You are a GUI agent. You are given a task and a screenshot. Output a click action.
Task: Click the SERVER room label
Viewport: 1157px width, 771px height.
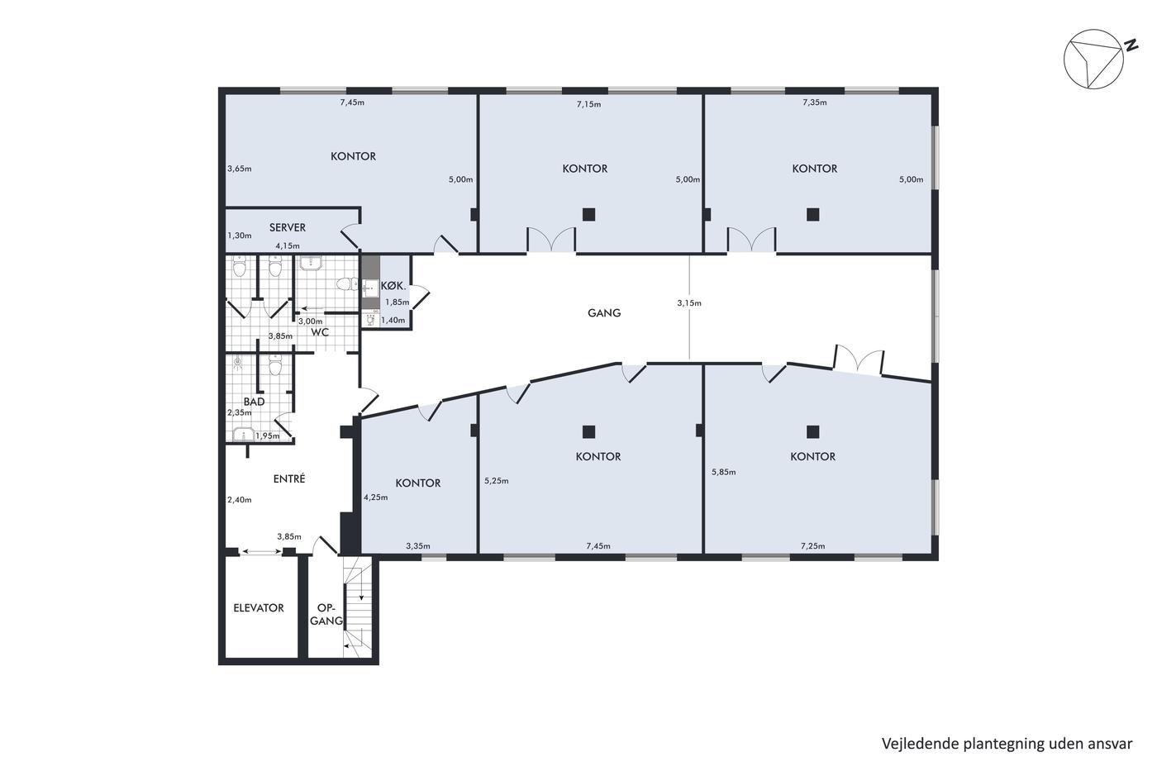pyautogui.click(x=288, y=227)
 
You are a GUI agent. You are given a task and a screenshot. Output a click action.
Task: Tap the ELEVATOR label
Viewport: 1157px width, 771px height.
pyautogui.click(x=258, y=608)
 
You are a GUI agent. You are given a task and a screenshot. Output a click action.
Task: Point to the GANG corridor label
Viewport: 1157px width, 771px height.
pyautogui.click(x=604, y=312)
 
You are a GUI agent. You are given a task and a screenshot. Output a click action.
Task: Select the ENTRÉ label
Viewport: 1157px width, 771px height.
pyautogui.click(x=289, y=478)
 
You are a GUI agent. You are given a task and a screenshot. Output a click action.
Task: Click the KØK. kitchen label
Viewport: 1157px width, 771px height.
pyautogui.click(x=393, y=286)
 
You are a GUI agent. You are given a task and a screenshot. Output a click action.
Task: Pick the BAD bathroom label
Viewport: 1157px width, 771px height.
pyautogui.click(x=255, y=402)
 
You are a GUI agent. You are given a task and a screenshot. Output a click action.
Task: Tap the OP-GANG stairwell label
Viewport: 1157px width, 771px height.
pyautogui.click(x=326, y=615)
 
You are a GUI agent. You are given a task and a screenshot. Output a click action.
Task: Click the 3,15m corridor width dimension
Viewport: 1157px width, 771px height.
pyautogui.click(x=689, y=303)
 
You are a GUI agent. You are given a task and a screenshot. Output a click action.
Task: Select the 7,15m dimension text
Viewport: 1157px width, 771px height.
pyautogui.click(x=588, y=104)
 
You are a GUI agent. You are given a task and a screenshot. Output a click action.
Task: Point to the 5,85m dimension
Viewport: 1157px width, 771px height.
pyautogui.click(x=724, y=472)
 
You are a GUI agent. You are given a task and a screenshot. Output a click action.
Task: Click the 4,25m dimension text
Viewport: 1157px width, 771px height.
pyautogui.click(x=375, y=497)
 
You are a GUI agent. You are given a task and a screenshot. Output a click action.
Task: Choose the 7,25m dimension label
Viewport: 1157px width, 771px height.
pyautogui.click(x=813, y=546)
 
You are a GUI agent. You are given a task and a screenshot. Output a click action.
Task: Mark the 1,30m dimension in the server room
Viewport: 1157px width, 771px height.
pyautogui.click(x=240, y=236)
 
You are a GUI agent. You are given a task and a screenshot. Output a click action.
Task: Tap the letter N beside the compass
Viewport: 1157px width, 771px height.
pyautogui.click(x=1127, y=45)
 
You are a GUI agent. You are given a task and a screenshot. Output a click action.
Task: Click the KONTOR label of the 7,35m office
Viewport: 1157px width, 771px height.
pyautogui.click(x=815, y=169)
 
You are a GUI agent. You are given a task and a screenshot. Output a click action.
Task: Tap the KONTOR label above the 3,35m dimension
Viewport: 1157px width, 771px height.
pyautogui.click(x=418, y=483)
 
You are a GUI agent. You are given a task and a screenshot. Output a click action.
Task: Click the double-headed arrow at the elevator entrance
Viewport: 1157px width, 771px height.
pyautogui.click(x=261, y=552)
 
